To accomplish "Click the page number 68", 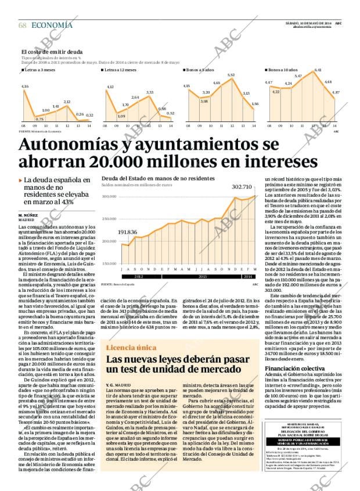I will tap(23, 25).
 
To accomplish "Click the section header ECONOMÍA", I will tap(52, 25).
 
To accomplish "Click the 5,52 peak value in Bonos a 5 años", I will tap(231, 75).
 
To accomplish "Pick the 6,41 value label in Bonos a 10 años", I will tap(318, 71).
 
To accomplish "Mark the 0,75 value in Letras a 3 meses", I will tap(39, 119).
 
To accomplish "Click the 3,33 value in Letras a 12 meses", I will tap(150, 92).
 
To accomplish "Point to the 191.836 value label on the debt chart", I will tap(127, 232).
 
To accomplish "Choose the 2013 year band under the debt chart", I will tap(203, 277).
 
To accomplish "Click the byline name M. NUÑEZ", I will tap(29, 215).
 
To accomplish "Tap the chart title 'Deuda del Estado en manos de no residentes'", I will tap(157, 178).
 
